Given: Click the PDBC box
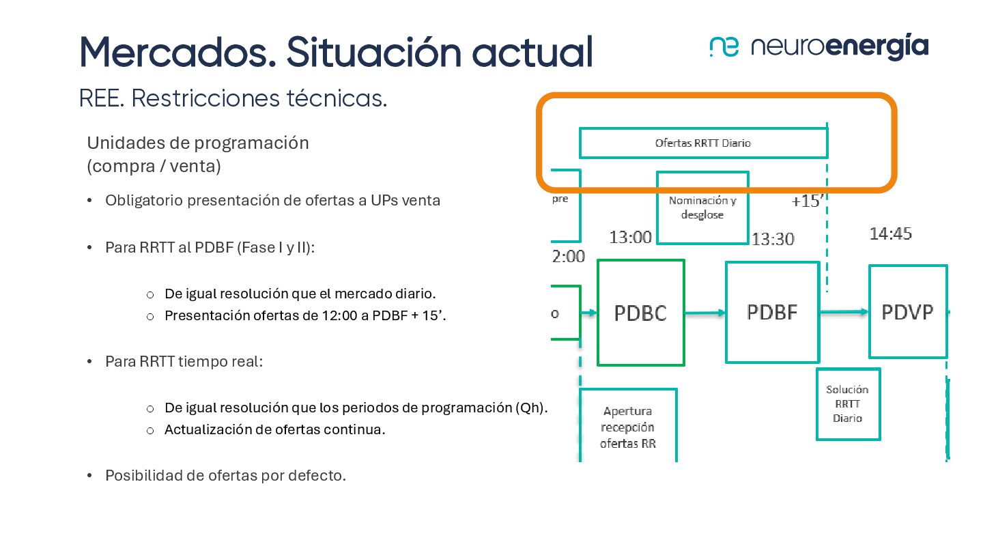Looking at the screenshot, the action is [640, 313].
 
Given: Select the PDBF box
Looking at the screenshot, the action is [772, 312].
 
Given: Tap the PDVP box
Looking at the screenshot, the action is [907, 312].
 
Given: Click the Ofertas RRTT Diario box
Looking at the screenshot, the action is [702, 143].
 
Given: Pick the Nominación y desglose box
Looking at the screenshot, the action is [702, 208].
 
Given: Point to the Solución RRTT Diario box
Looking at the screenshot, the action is [848, 404].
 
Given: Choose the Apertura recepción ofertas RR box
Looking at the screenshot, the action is [628, 427].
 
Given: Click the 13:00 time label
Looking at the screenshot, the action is [630, 238].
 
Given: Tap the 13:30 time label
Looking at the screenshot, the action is [773, 239].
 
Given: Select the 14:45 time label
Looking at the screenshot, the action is [890, 233].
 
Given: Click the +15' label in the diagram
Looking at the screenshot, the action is [806, 201].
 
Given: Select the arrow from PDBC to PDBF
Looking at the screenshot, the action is [704, 313].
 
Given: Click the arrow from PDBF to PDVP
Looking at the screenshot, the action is [844, 312].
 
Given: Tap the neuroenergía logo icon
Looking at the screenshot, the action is [724, 46].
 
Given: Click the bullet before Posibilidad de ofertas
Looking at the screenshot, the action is [89, 476].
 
